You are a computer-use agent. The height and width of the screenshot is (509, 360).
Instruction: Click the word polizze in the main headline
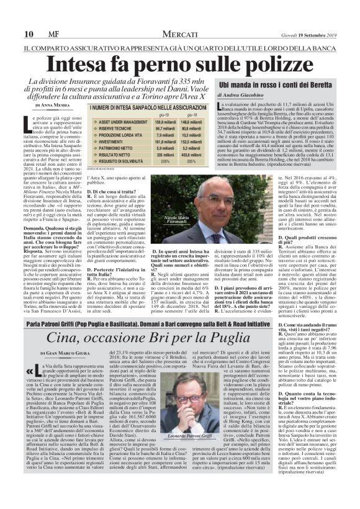coord(273,64)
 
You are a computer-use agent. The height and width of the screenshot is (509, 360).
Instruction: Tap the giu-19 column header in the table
coord(164,115)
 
